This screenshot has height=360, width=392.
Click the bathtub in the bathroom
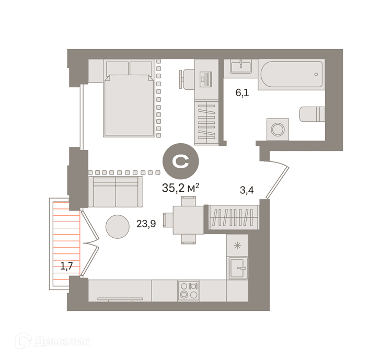click(292, 74)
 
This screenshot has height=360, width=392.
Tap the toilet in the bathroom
click(312, 114)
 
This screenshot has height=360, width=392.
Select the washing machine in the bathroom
click(278, 129)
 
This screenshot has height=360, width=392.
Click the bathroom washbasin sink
click(241, 66)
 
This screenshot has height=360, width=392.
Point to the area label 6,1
click(242, 93)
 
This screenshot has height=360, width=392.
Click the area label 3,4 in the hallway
click(247, 190)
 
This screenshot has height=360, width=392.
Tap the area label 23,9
click(146, 224)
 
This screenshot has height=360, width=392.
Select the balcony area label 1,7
click(66, 266)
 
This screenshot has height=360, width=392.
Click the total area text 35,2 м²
click(180, 188)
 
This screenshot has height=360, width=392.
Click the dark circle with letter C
click(180, 161)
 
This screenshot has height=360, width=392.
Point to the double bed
click(129, 98)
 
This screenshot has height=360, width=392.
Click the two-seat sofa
click(116, 192)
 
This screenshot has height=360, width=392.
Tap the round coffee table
click(118, 227)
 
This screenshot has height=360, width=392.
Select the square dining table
click(189, 220)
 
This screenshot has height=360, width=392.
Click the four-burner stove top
click(189, 291)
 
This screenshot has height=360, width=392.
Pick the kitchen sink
click(237, 268)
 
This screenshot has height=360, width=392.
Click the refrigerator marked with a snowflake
click(237, 245)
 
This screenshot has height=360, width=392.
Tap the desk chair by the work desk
click(187, 79)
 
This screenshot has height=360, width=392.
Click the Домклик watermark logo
click(53, 341)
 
